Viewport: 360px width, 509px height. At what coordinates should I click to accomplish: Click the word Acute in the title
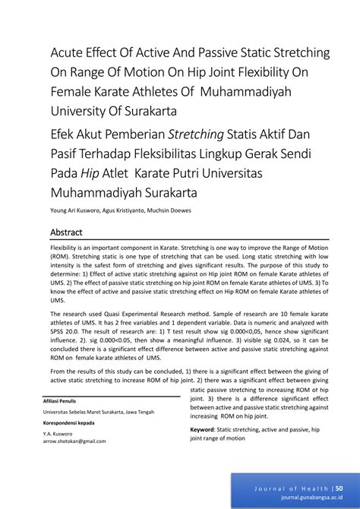point(67,54)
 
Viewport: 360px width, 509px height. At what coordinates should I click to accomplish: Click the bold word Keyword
point(203,429)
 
